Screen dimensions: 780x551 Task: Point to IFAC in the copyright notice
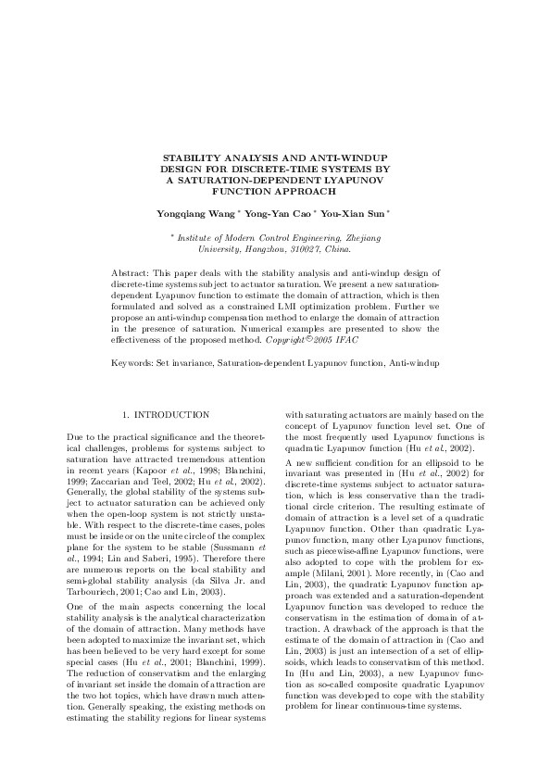point(344,339)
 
